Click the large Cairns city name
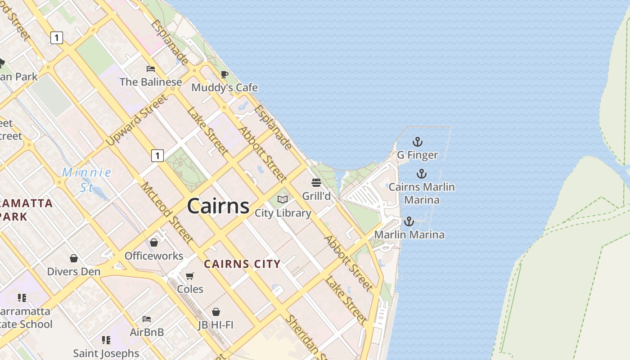(x=218, y=206)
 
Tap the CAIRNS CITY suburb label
(x=242, y=264)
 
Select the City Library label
(x=283, y=213)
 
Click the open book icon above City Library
(x=283, y=199)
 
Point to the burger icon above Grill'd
(x=316, y=183)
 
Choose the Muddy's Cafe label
(x=225, y=87)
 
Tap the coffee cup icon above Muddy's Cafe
(x=225, y=74)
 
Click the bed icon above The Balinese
(x=151, y=69)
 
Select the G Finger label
(x=417, y=155)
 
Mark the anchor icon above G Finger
(x=418, y=142)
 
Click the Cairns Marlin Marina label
(x=422, y=193)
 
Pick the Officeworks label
(x=154, y=256)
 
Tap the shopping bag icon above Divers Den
(x=74, y=258)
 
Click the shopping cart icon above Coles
(x=190, y=275)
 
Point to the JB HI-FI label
(x=216, y=324)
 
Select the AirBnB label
(x=147, y=332)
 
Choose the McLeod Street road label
(x=167, y=212)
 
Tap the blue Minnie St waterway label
(x=86, y=179)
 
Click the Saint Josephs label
(x=106, y=353)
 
